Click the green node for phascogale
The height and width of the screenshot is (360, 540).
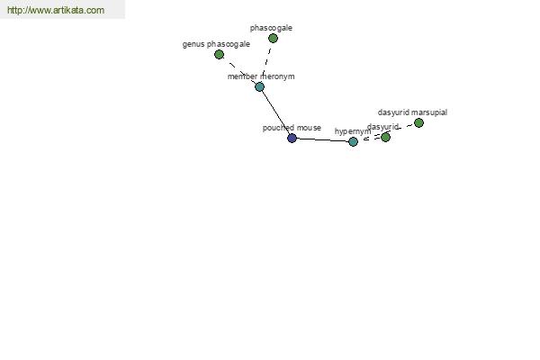coord(273,38)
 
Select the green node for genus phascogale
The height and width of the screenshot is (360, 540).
coord(219,54)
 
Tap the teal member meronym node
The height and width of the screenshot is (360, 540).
coord(260,86)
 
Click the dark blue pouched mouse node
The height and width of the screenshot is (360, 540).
coord(292,138)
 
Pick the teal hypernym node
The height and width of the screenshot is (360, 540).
coord(353,141)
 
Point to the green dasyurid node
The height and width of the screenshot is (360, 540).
coord(385,137)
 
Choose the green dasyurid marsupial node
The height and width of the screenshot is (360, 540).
coord(418,123)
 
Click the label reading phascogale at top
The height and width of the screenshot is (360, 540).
coord(271,28)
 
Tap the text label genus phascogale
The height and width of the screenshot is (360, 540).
coord(216,44)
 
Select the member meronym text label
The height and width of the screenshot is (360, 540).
coord(261,76)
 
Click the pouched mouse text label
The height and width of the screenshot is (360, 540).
coord(292,128)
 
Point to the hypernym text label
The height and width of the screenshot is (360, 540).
coord(353,131)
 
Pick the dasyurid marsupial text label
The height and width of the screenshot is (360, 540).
coord(412,112)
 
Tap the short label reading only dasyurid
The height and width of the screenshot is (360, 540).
coord(382,127)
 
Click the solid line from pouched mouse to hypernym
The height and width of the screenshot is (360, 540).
coord(322,139)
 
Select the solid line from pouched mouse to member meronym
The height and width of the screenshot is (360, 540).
coord(276,112)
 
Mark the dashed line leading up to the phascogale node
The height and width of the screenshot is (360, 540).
coord(266,62)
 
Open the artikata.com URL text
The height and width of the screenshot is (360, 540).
coord(56,10)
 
